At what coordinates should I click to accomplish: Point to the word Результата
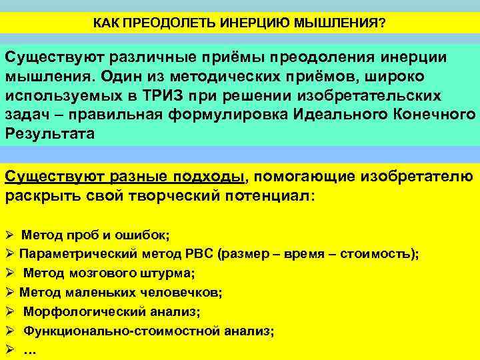point(50,133)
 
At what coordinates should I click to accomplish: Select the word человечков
point(187,292)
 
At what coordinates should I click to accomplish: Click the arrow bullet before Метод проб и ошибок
point(9,235)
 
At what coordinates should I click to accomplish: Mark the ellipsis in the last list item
point(30,351)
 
